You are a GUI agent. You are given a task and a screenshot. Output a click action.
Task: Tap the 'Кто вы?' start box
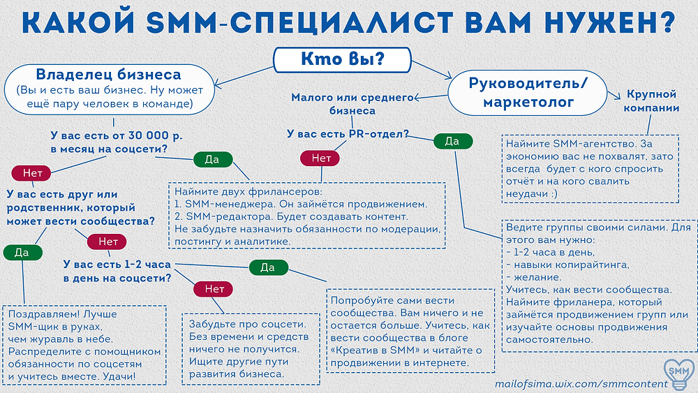[342, 60]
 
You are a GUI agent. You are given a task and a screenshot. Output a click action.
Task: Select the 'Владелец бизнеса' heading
[108, 75]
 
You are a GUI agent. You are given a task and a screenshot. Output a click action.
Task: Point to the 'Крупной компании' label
[652, 100]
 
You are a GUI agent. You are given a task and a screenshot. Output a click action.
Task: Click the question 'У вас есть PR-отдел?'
[348, 133]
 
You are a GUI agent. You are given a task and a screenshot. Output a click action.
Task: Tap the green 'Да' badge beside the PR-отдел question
[452, 142]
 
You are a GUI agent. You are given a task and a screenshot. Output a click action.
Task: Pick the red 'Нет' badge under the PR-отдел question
[320, 158]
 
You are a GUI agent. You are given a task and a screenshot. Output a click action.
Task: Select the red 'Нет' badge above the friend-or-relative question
[32, 172]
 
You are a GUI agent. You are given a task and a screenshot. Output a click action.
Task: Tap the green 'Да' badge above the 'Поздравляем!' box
[22, 253]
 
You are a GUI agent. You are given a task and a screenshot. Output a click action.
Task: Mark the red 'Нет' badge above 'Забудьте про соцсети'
[213, 289]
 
